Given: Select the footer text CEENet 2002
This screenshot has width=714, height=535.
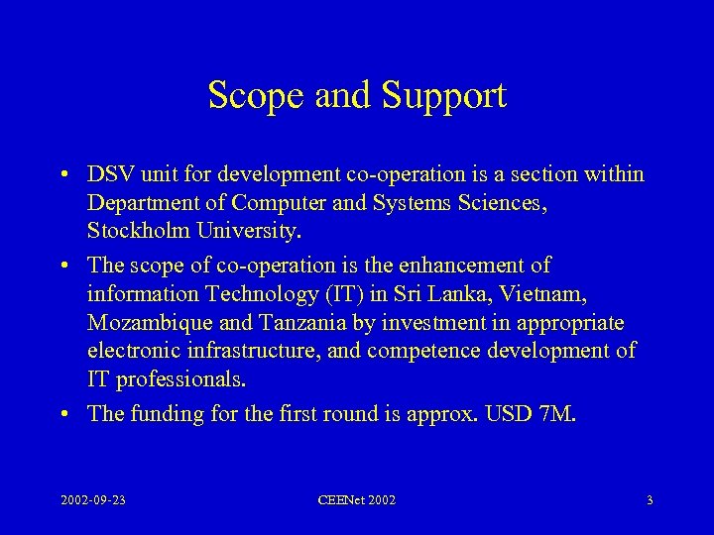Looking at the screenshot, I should click(x=356, y=500).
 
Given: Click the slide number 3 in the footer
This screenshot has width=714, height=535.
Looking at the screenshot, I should click(x=649, y=500).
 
